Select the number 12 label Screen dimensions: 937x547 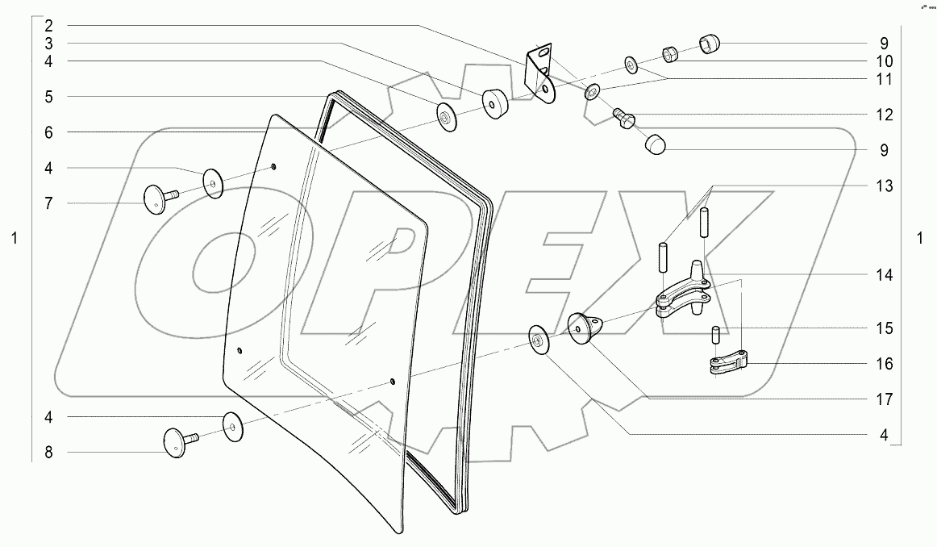[x=885, y=115]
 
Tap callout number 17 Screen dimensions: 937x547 [x=885, y=399]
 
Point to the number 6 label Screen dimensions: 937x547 [x=48, y=132]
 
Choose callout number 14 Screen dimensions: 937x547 [x=885, y=275]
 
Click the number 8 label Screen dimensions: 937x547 [x=48, y=453]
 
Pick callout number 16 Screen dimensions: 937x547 [x=885, y=364]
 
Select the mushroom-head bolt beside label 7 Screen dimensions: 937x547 [x=158, y=198]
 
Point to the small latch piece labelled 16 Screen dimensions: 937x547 [x=726, y=363]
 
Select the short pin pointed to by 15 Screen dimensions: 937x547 [x=714, y=332]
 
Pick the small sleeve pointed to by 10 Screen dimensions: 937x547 [x=671, y=54]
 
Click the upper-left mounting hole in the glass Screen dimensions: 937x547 [x=273, y=167]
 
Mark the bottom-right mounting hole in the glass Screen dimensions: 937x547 [x=392, y=381]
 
